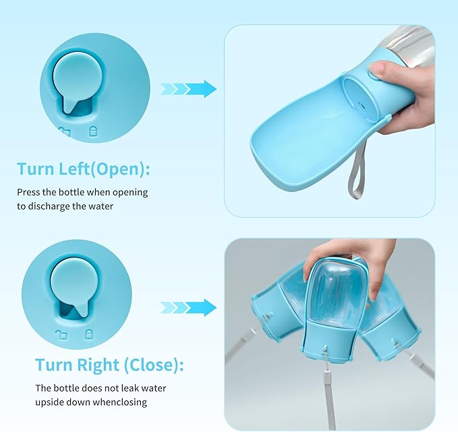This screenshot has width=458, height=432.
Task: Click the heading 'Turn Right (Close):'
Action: click(109, 365)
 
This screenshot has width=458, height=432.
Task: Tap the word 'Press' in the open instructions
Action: click(29, 193)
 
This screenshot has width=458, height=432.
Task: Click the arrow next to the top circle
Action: click(188, 88)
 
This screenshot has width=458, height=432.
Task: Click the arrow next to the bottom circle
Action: click(188, 308)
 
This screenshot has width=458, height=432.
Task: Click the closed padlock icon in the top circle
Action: click(93, 132)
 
